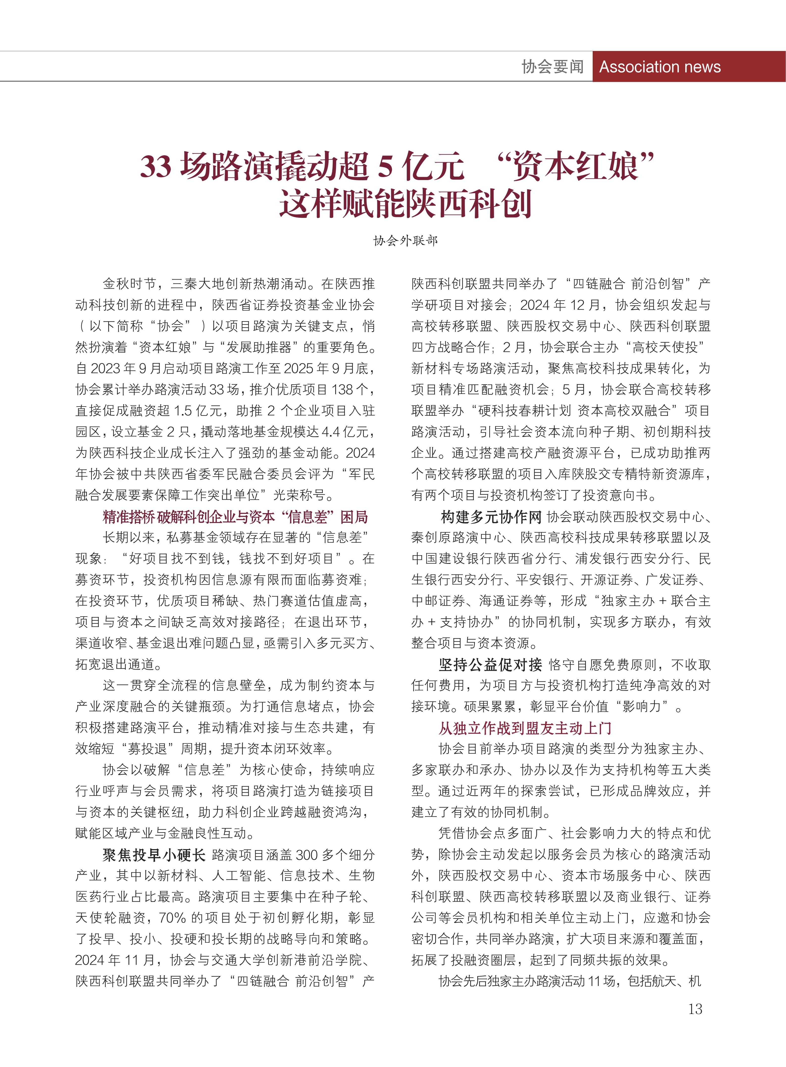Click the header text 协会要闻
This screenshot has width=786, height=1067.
(552, 67)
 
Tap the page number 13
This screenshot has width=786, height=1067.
(695, 1009)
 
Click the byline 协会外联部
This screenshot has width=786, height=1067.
(405, 240)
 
